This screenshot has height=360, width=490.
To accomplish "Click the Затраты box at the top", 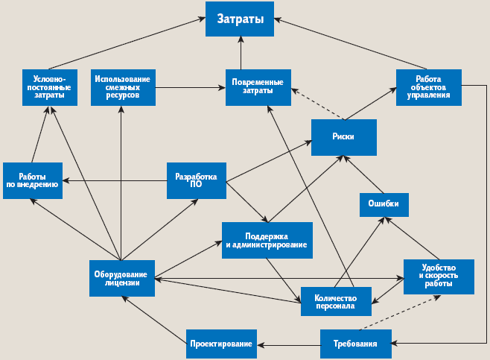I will coord(240,19).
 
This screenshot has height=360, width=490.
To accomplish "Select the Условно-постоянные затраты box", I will coord(49,87).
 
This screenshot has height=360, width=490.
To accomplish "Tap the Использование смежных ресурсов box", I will coord(123,87).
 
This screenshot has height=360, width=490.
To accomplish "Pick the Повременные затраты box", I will coord(258,87).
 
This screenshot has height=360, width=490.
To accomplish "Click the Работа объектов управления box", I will coord(428,87).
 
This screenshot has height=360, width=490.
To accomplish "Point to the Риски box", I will coord(343,137).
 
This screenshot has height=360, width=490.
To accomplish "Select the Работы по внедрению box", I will coord(32,180).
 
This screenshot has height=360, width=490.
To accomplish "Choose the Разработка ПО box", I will coord(195,180).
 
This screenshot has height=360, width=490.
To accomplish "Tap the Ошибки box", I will coord(384,203).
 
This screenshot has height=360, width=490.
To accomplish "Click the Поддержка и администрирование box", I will coord(266,240).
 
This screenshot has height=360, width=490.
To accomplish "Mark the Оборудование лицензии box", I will coord(123,277).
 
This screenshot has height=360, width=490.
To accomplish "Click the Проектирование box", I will coord(221,344).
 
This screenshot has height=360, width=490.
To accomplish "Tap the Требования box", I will coord(356,344).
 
